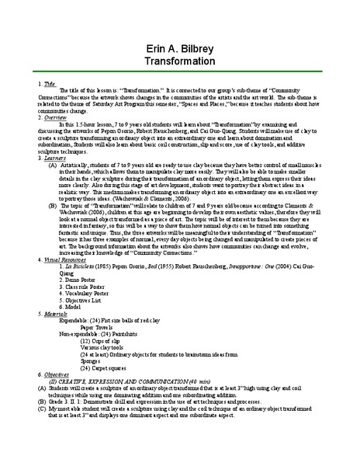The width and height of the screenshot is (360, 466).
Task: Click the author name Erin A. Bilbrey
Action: (180, 48)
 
